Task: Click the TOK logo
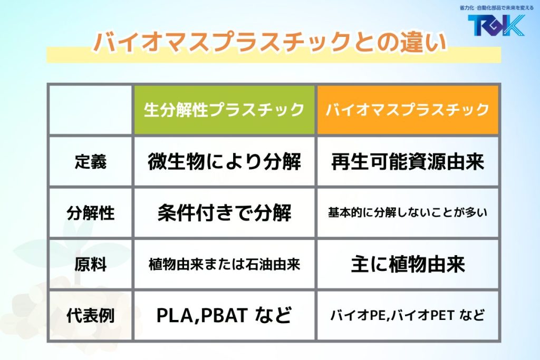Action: tap(496, 25)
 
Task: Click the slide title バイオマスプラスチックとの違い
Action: tap(270, 42)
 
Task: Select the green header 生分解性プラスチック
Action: tap(224, 110)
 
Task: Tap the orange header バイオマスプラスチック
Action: tap(408, 110)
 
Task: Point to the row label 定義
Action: tap(91, 162)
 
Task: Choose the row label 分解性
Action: tap(91, 213)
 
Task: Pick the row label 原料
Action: tap(91, 264)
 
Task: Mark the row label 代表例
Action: tap(91, 316)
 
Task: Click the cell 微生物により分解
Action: tap(224, 162)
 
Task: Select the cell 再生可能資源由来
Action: tap(408, 162)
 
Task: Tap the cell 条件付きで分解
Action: tap(224, 213)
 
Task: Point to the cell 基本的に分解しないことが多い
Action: tap(408, 213)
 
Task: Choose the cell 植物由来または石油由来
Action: tap(224, 264)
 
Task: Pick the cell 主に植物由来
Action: tap(408, 264)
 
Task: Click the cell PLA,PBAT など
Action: tap(224, 315)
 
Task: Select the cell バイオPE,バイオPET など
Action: tap(408, 315)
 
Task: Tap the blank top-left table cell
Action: tap(90, 110)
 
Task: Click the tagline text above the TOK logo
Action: tap(496, 7)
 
